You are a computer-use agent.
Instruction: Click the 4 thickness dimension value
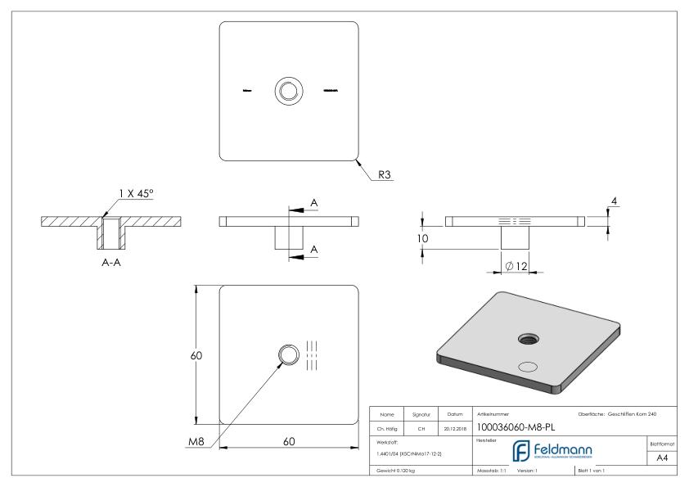(615, 201)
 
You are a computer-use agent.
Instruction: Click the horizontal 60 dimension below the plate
(290, 441)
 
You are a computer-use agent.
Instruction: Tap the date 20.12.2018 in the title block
(454, 426)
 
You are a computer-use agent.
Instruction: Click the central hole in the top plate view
(288, 90)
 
